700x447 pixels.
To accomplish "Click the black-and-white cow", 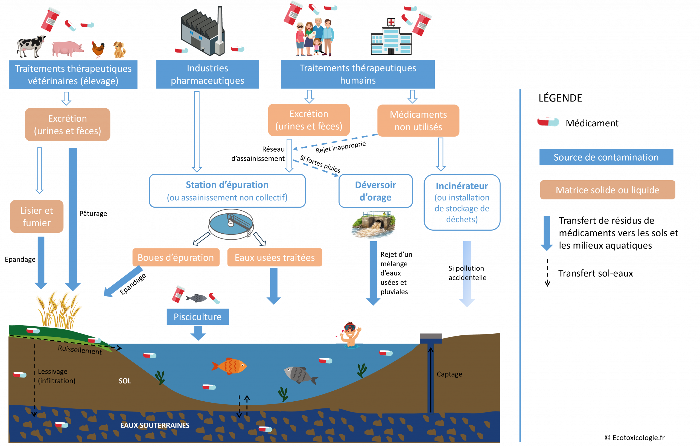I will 31,46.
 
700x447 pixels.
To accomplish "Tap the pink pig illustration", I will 67,49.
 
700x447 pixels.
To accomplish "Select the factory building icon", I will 203,31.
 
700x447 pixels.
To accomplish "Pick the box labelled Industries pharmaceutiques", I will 207,74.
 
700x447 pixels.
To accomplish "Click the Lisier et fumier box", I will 37,216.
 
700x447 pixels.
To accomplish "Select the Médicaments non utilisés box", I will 418,121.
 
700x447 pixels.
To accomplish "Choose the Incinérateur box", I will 462,202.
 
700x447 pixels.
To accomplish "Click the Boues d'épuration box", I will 176,257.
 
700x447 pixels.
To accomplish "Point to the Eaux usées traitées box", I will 275,257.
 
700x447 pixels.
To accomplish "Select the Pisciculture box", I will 198,317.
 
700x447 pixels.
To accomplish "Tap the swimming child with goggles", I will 350,334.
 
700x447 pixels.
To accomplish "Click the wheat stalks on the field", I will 59,310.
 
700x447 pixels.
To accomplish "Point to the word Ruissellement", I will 80,350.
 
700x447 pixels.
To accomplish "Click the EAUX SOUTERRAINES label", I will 155,425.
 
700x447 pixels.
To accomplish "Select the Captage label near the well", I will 449,374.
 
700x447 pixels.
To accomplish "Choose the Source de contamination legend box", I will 606,157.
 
